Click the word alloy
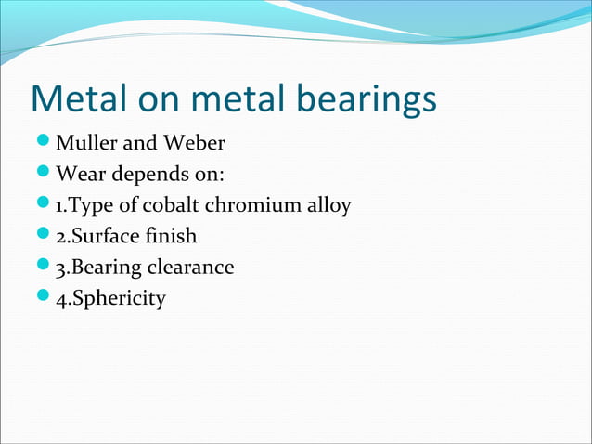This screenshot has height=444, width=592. click(328, 205)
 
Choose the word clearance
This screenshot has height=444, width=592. click(189, 268)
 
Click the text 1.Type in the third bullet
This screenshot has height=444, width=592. click(82, 205)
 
